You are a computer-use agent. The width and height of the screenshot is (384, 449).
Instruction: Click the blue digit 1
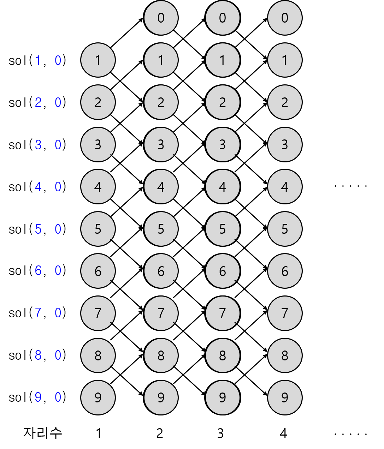tap(38, 60)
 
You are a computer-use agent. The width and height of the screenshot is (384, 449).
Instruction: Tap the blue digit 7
tap(38, 313)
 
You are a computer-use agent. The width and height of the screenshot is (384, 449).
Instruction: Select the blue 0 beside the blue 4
tap(58, 187)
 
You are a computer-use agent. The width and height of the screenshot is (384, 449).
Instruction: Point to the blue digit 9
tap(38, 397)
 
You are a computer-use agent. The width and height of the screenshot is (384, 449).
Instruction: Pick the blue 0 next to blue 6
tap(58, 271)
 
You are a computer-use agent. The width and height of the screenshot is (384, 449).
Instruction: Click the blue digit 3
tap(38, 145)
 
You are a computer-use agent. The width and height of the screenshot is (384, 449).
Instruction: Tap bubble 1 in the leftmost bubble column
tap(98, 60)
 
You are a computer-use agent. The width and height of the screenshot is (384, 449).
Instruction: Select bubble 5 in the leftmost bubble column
tap(98, 229)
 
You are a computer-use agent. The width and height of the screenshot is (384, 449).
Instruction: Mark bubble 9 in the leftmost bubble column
tap(98, 397)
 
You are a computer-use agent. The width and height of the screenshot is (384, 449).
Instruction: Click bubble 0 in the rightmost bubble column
tap(285, 18)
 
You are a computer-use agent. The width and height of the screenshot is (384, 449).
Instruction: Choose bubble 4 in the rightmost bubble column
tap(285, 187)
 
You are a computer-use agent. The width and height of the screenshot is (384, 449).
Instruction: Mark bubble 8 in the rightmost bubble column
tap(285, 355)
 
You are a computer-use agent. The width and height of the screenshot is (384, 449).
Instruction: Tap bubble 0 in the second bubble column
tap(161, 18)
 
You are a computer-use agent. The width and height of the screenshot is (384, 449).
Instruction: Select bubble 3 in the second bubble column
tap(161, 144)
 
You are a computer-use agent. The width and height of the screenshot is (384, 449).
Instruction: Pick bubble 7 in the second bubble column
tap(161, 313)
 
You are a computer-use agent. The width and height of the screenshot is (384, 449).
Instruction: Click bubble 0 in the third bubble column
tap(223, 18)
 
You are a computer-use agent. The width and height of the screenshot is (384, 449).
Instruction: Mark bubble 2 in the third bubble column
tap(223, 102)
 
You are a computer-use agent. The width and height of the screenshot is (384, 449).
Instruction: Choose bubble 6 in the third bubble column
tap(223, 271)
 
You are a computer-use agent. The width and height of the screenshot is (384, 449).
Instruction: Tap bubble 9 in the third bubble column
tap(223, 397)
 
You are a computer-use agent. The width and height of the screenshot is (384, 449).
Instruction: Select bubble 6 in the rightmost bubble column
tap(285, 271)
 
